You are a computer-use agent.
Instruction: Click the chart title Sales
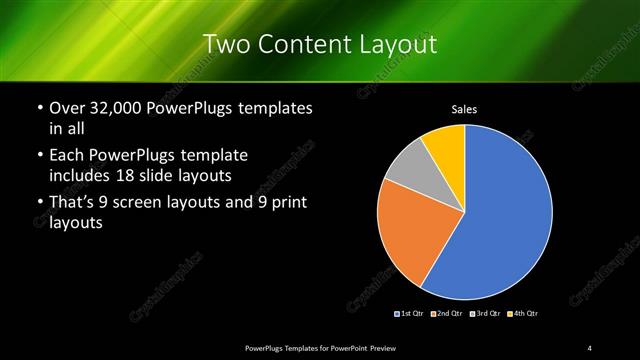465,109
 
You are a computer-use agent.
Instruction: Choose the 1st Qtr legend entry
410,314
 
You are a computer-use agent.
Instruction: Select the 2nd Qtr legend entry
446,314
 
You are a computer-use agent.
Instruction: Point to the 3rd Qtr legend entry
484,314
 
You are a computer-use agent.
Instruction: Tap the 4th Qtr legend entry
522,314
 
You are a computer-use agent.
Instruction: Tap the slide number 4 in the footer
590,347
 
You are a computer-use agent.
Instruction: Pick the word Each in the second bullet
66,156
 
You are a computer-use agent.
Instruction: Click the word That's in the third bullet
72,205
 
